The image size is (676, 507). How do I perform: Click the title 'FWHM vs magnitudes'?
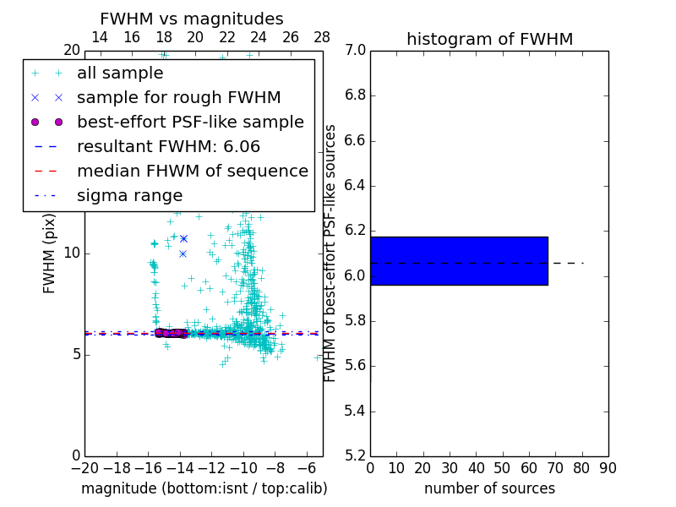tap(191, 19)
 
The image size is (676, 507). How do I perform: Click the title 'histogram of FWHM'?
tap(489, 39)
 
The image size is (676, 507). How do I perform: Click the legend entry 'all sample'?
tap(120, 74)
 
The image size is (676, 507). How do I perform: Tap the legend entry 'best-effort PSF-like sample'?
tap(190, 123)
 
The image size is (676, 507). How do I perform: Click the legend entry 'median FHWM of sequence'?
tap(192, 172)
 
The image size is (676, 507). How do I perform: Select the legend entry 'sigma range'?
tap(129, 196)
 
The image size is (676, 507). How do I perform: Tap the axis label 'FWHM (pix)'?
tap(50, 253)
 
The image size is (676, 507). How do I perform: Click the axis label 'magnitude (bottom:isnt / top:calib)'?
tap(204, 488)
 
